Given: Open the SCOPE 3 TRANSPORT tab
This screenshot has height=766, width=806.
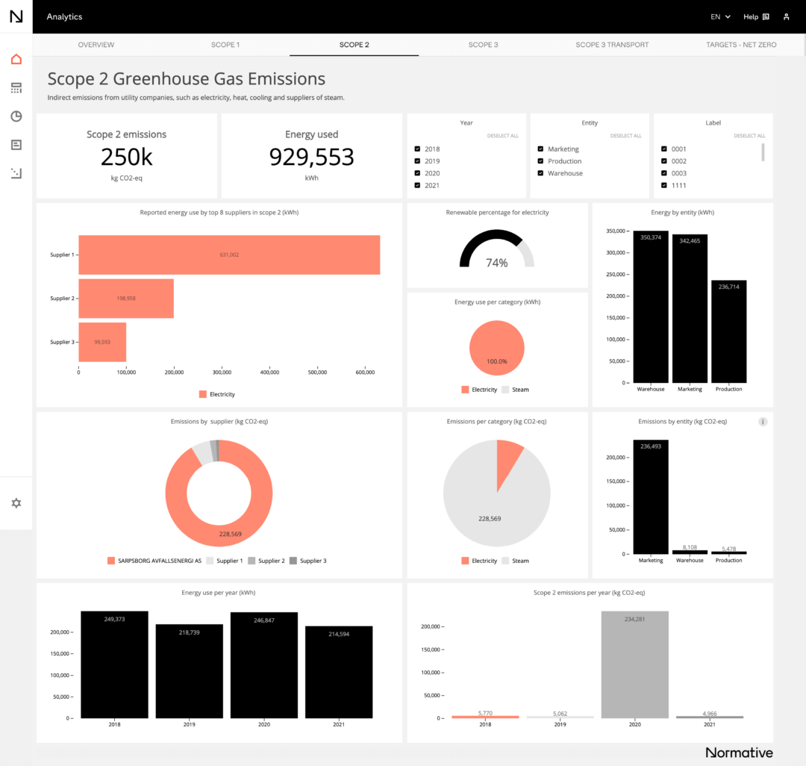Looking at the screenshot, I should (612, 45).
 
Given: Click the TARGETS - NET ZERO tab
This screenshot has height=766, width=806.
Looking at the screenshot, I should (740, 45).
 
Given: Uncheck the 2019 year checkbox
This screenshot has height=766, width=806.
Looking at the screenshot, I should (417, 161).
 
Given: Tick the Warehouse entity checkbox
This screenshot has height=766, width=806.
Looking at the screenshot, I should (540, 173).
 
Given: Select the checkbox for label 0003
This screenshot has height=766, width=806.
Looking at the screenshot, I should (664, 173).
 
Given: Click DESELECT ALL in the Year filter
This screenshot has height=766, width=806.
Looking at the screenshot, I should (502, 136).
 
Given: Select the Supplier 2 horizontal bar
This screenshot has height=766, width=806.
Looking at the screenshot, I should (125, 298).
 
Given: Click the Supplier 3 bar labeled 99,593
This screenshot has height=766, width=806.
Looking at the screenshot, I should (102, 342).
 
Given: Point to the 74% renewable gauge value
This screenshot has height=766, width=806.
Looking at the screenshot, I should (496, 263).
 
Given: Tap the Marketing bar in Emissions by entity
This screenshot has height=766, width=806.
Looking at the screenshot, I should (651, 496).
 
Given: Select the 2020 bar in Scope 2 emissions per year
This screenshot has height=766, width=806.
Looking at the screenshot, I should (634, 664).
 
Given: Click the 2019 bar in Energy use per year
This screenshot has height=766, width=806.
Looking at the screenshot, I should (189, 670).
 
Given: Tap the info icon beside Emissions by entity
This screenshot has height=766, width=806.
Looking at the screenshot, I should (763, 422).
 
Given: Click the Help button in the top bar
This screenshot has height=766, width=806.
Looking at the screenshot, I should (755, 16).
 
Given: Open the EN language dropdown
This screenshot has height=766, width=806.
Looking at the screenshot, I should (720, 16).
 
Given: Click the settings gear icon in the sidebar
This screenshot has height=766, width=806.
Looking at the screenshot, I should (16, 503).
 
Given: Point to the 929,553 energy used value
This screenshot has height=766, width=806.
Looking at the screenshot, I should (311, 157).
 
